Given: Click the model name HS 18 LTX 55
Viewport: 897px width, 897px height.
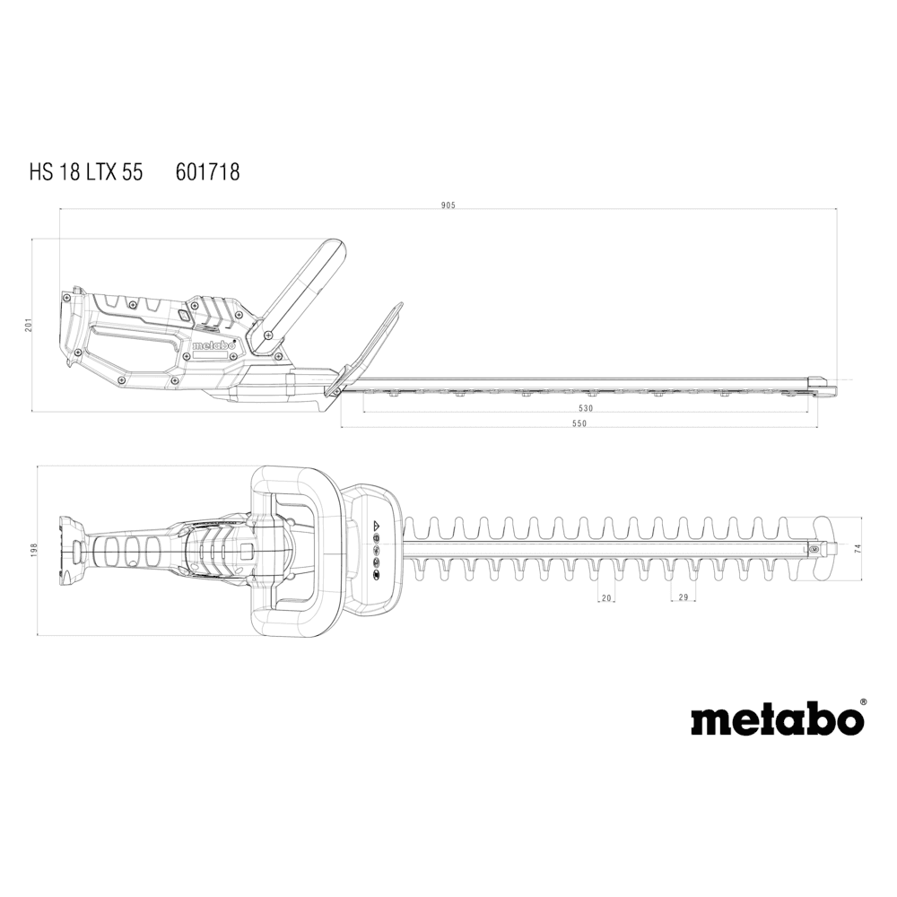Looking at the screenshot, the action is click(x=86, y=171).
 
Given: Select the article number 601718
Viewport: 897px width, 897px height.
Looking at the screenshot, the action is click(x=208, y=171).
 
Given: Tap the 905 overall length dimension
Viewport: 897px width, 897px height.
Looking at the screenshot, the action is click(x=448, y=205).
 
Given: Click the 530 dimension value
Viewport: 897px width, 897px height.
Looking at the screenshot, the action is click(x=585, y=408).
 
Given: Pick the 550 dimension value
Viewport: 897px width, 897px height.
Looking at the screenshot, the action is click(x=579, y=423).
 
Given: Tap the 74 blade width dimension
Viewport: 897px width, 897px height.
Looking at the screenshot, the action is click(x=857, y=548).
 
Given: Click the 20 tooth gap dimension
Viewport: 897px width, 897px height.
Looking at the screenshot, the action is click(x=606, y=597).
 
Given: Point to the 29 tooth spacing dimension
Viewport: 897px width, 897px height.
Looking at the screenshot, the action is click(x=683, y=597).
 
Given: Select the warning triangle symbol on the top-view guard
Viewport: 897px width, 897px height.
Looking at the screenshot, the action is click(x=377, y=524).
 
